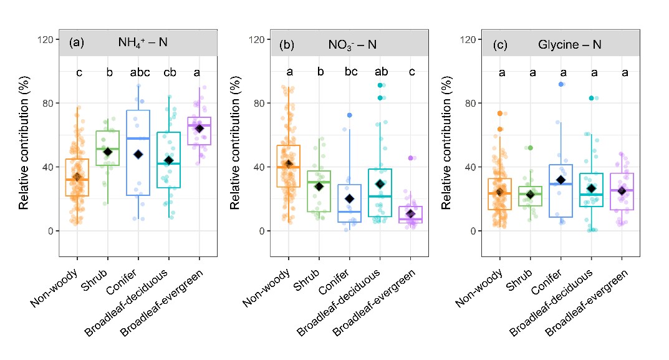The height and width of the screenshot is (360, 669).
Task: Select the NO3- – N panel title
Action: [352, 44]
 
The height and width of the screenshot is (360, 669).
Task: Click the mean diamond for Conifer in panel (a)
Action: [138, 154]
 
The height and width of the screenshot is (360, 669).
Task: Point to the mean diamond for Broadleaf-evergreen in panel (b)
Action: [410, 214]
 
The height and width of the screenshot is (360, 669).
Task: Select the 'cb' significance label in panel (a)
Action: [168, 73]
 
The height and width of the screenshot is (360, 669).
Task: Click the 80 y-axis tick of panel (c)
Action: [471, 103]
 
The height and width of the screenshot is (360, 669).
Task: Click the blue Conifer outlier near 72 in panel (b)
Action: [350, 115]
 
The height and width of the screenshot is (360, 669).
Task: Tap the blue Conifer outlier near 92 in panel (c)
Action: [561, 84]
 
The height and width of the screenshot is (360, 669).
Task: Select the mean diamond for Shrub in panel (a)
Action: [107, 152]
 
